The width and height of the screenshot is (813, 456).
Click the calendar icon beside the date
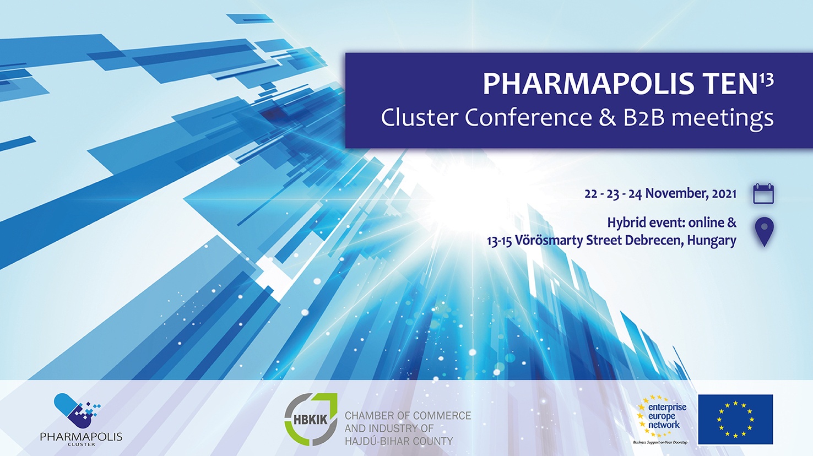(x=763, y=194)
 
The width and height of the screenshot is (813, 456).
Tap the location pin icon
(x=764, y=232)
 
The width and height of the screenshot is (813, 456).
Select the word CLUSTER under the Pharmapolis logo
(x=82, y=444)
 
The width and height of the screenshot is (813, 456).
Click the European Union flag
(x=735, y=419)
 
